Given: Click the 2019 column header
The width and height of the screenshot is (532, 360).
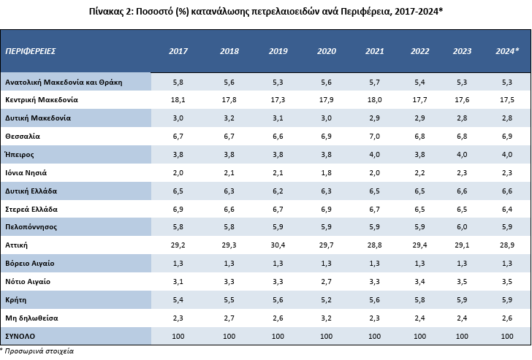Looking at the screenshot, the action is (x=278, y=51).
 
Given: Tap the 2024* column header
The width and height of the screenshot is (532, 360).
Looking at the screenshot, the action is (x=507, y=51).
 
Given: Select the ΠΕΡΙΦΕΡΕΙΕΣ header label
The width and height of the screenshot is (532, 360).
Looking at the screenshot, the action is (x=31, y=51).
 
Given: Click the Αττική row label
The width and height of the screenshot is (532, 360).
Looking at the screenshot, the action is (x=16, y=245).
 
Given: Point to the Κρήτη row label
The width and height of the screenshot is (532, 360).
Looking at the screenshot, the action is (x=15, y=300).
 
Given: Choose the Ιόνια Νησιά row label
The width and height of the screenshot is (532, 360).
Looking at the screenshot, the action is (x=26, y=173).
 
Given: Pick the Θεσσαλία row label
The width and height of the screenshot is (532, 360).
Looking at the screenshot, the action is (x=23, y=137).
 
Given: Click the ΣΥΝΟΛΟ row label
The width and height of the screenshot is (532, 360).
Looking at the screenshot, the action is (x=20, y=337).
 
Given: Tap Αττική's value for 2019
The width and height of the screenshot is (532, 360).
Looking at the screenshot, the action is (x=278, y=245).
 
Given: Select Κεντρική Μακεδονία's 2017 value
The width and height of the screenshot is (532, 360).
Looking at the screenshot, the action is (x=178, y=100).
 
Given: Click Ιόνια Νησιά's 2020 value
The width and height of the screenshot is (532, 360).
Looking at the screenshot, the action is (x=327, y=173).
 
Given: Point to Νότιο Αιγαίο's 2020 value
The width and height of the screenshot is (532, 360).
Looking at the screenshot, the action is (x=327, y=282).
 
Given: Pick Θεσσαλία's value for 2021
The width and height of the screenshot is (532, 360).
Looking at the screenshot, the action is (x=375, y=137).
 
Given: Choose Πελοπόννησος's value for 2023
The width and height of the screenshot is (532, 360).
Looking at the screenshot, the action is (x=462, y=227).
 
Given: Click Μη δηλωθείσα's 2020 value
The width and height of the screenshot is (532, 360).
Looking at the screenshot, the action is (x=327, y=318).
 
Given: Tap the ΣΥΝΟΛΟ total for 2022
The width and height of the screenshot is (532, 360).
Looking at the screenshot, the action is (x=419, y=337).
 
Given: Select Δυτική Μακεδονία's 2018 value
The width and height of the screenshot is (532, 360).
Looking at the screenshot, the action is (x=229, y=118).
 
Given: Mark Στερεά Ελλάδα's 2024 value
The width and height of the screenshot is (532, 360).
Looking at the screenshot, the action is (x=507, y=209).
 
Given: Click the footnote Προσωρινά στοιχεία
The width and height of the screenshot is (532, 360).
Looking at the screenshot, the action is (x=39, y=351).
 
